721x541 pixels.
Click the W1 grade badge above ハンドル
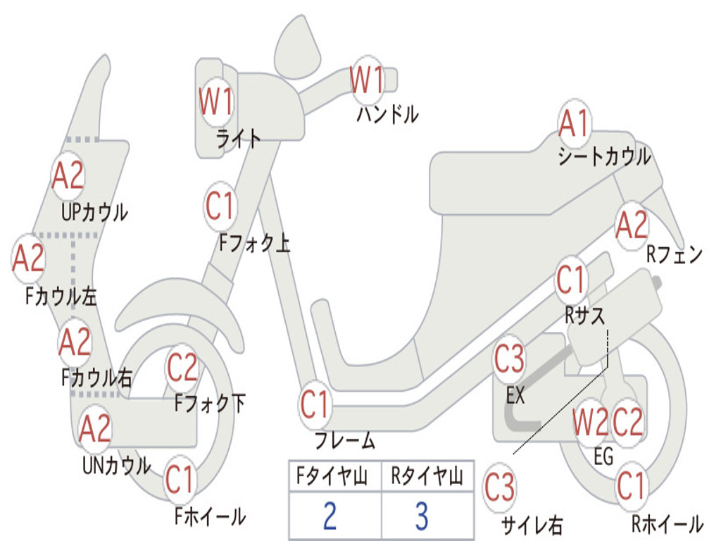367,80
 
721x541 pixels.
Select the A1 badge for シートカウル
574,125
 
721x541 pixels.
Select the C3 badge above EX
509,359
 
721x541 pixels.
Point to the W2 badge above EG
590,423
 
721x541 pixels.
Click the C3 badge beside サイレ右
499,488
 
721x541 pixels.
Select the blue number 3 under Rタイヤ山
422,516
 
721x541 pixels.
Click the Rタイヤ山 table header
427,477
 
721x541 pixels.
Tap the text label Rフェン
674,255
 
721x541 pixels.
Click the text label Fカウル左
61,296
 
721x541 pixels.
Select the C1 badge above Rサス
571,280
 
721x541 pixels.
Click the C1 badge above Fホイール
180,481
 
